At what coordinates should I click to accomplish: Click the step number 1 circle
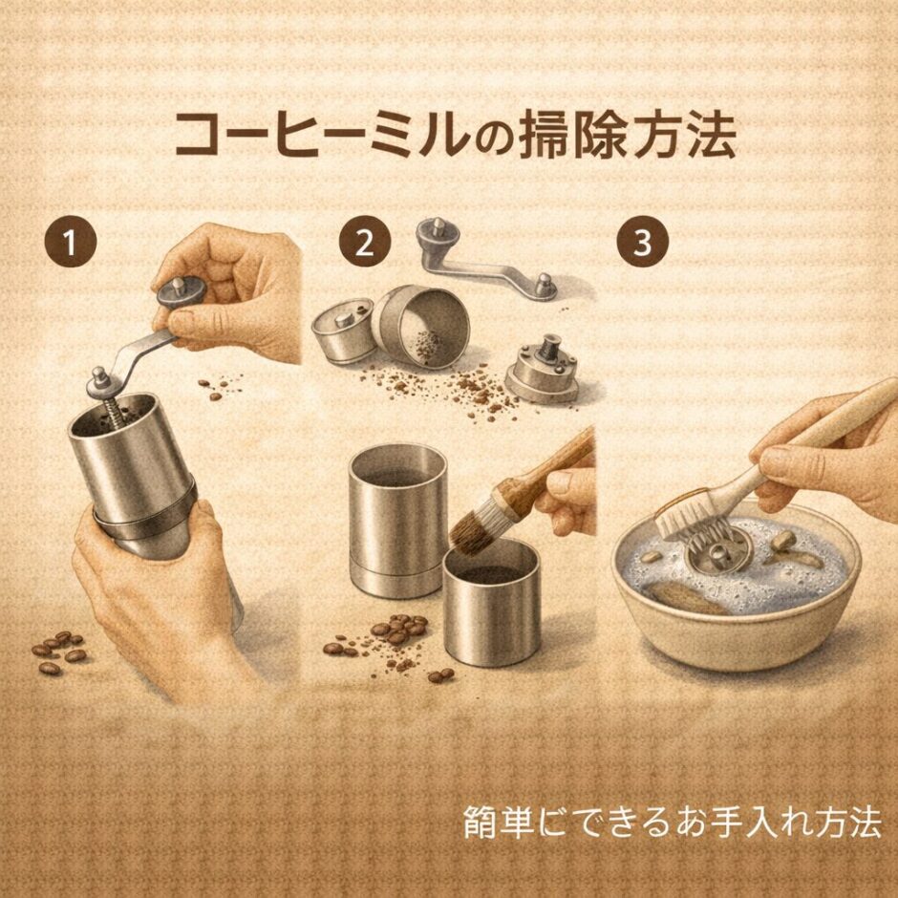(69, 243)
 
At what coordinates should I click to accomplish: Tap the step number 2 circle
(363, 243)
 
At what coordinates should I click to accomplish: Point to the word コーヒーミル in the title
(321, 136)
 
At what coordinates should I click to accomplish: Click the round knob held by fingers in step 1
(177, 289)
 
